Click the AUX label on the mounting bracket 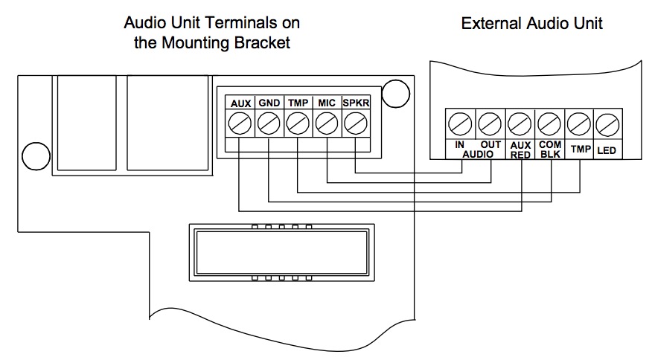click(x=240, y=103)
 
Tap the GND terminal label click(x=269, y=103)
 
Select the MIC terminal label click(x=327, y=103)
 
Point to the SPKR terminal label click(x=356, y=103)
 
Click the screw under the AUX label click(x=240, y=123)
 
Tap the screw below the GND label click(x=269, y=123)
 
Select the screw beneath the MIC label click(x=327, y=123)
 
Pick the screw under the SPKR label click(x=356, y=123)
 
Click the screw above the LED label click(x=608, y=122)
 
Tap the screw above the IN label click(x=459, y=122)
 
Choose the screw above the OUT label click(x=489, y=122)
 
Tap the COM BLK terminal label click(x=549, y=150)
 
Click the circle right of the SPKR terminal click(x=399, y=92)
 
